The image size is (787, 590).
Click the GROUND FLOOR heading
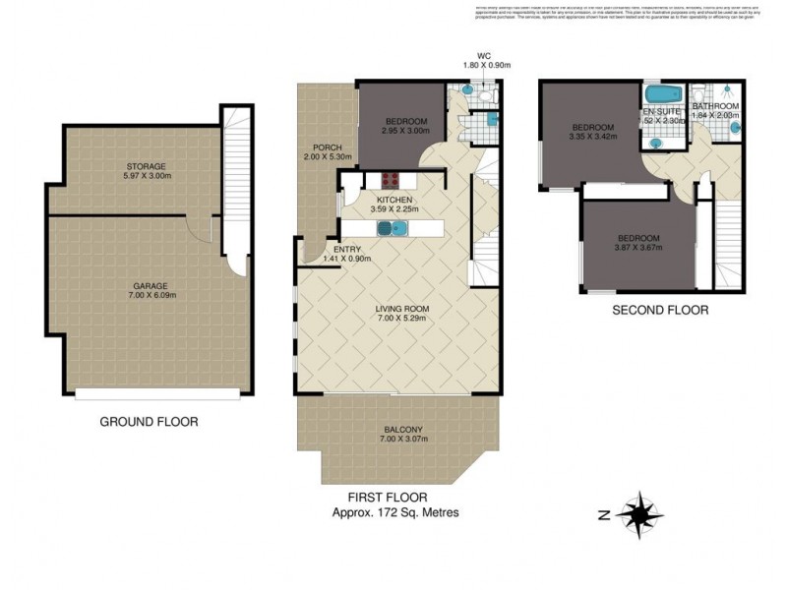click(x=150, y=422)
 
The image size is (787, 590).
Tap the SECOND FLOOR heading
click(x=659, y=310)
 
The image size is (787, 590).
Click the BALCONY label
click(x=398, y=429)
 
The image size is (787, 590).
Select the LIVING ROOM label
click(x=402, y=308)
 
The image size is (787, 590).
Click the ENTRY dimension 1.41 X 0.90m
click(x=346, y=259)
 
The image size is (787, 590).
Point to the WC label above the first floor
click(x=483, y=56)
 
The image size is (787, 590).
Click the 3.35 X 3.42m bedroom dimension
click(x=593, y=138)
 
